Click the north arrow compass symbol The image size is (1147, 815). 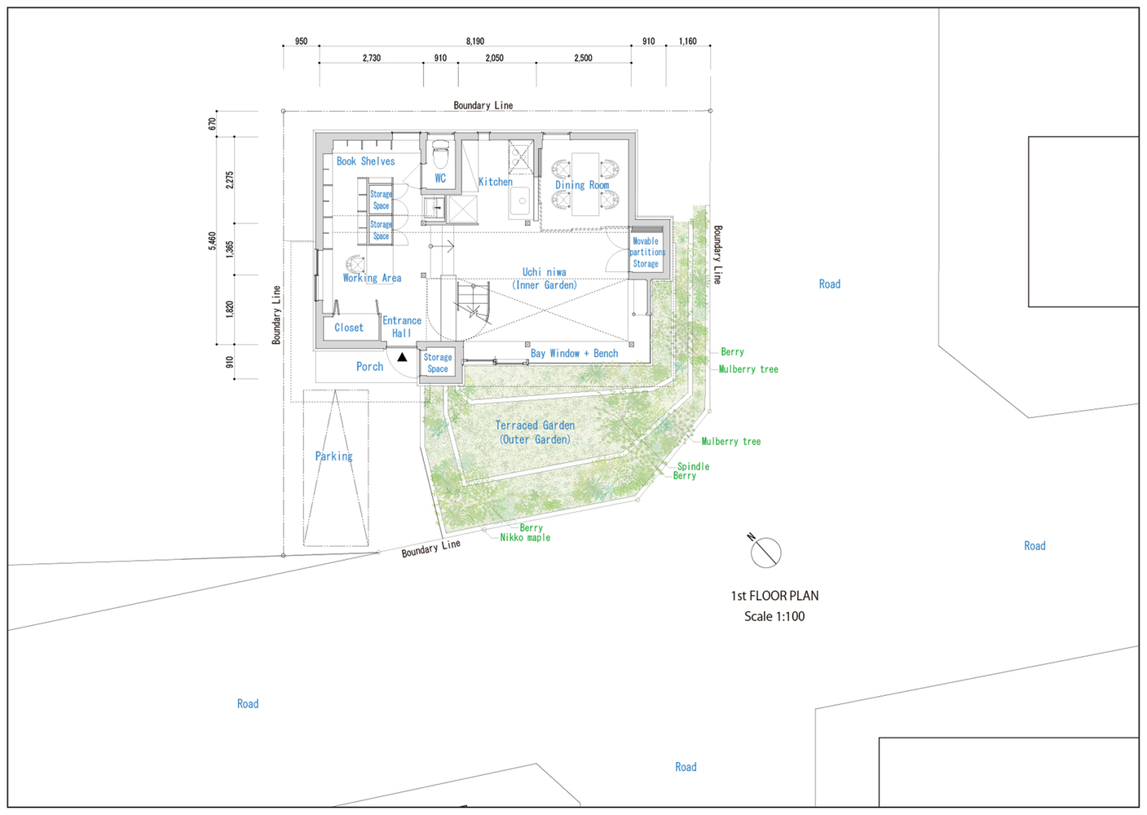pyautogui.click(x=765, y=553)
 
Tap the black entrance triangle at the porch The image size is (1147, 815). pyautogui.click(x=403, y=357)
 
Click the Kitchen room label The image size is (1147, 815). pyautogui.click(x=495, y=182)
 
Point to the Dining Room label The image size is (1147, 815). pyautogui.click(x=582, y=185)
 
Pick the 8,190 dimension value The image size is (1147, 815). pyautogui.click(x=475, y=42)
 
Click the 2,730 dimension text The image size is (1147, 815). pyautogui.click(x=372, y=59)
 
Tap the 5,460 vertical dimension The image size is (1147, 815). pyautogui.click(x=213, y=241)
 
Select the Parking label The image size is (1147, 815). pyautogui.click(x=334, y=456)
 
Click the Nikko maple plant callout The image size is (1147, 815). pyautogui.click(x=525, y=538)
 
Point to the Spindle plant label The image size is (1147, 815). pyautogui.click(x=693, y=466)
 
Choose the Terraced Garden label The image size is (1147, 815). pyautogui.click(x=535, y=433)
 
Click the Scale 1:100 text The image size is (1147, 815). pyautogui.click(x=774, y=616)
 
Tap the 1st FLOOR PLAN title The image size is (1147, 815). pyautogui.click(x=774, y=596)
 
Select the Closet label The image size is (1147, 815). pyautogui.click(x=349, y=328)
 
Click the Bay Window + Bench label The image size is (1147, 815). pyautogui.click(x=574, y=353)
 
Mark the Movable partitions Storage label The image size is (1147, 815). pyautogui.click(x=646, y=253)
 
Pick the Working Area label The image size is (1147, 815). pyautogui.click(x=373, y=278)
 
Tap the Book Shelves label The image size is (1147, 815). pyautogui.click(x=365, y=161)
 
